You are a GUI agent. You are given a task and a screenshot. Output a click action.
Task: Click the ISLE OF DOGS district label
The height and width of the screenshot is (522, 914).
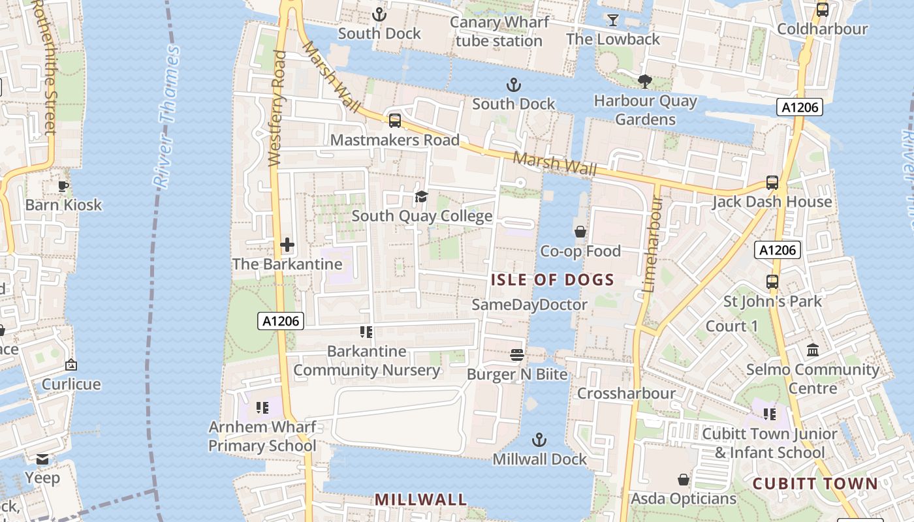tap(552, 281)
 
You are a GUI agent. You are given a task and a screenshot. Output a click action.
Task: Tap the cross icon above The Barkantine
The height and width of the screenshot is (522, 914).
tap(287, 245)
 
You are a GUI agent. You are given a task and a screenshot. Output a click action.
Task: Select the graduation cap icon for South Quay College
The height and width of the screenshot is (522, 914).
tap(422, 197)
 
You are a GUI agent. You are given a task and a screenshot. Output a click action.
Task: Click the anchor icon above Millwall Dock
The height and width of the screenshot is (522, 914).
tap(539, 440)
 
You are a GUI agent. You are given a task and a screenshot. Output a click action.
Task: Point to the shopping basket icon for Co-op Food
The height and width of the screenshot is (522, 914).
tap(580, 232)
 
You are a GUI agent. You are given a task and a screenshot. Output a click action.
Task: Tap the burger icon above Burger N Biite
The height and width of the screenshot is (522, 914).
tap(517, 355)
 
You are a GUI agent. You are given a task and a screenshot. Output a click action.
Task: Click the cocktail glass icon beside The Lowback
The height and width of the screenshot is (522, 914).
tap(612, 20)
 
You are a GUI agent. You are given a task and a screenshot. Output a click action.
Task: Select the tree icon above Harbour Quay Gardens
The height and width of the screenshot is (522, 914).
tap(644, 82)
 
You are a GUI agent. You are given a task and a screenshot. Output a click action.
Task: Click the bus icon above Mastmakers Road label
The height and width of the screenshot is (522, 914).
tap(394, 121)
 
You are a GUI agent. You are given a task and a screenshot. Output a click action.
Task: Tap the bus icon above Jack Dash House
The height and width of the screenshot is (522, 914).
tap(772, 183)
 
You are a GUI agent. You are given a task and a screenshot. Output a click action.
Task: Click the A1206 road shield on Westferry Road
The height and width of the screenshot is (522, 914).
tap(281, 321)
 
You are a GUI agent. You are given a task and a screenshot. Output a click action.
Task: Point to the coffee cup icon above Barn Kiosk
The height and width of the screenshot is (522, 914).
tap(63, 186)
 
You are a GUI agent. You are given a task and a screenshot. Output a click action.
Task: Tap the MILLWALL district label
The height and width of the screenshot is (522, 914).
tap(420, 500)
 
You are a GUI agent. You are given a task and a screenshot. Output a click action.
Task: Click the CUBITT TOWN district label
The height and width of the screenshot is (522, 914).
tap(815, 484)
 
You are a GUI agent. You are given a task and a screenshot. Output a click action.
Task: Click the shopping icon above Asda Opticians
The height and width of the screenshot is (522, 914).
tap(683, 480)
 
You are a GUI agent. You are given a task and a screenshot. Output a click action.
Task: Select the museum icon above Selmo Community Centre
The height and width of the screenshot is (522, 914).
tap(813, 350)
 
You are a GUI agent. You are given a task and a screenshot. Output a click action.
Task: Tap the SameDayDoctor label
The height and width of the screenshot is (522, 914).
tap(529, 305)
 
